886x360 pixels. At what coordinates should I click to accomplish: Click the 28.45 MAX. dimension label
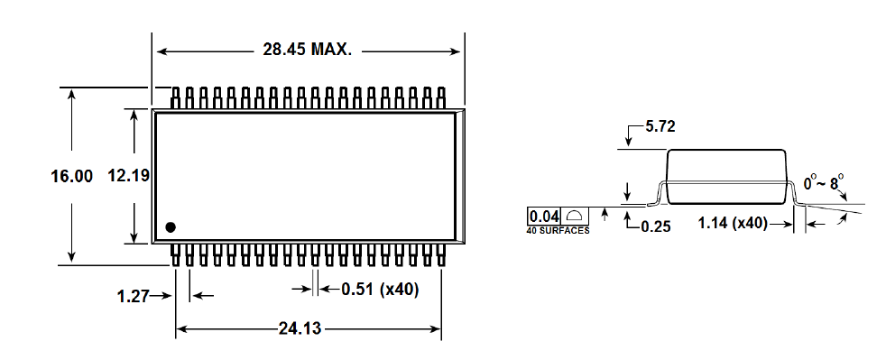click(307, 50)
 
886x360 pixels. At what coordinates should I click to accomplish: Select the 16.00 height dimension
click(72, 176)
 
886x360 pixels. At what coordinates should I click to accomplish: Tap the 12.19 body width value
click(129, 176)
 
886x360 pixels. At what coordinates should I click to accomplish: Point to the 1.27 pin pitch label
click(134, 296)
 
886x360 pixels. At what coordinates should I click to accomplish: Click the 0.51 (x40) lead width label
click(380, 290)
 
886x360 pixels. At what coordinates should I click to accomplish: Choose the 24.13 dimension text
click(300, 328)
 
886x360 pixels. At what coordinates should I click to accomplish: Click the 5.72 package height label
click(660, 126)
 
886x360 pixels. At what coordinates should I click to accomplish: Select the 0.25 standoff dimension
click(656, 226)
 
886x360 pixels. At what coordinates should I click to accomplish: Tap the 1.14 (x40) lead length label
click(733, 223)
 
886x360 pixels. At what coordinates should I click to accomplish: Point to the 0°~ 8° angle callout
click(824, 184)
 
